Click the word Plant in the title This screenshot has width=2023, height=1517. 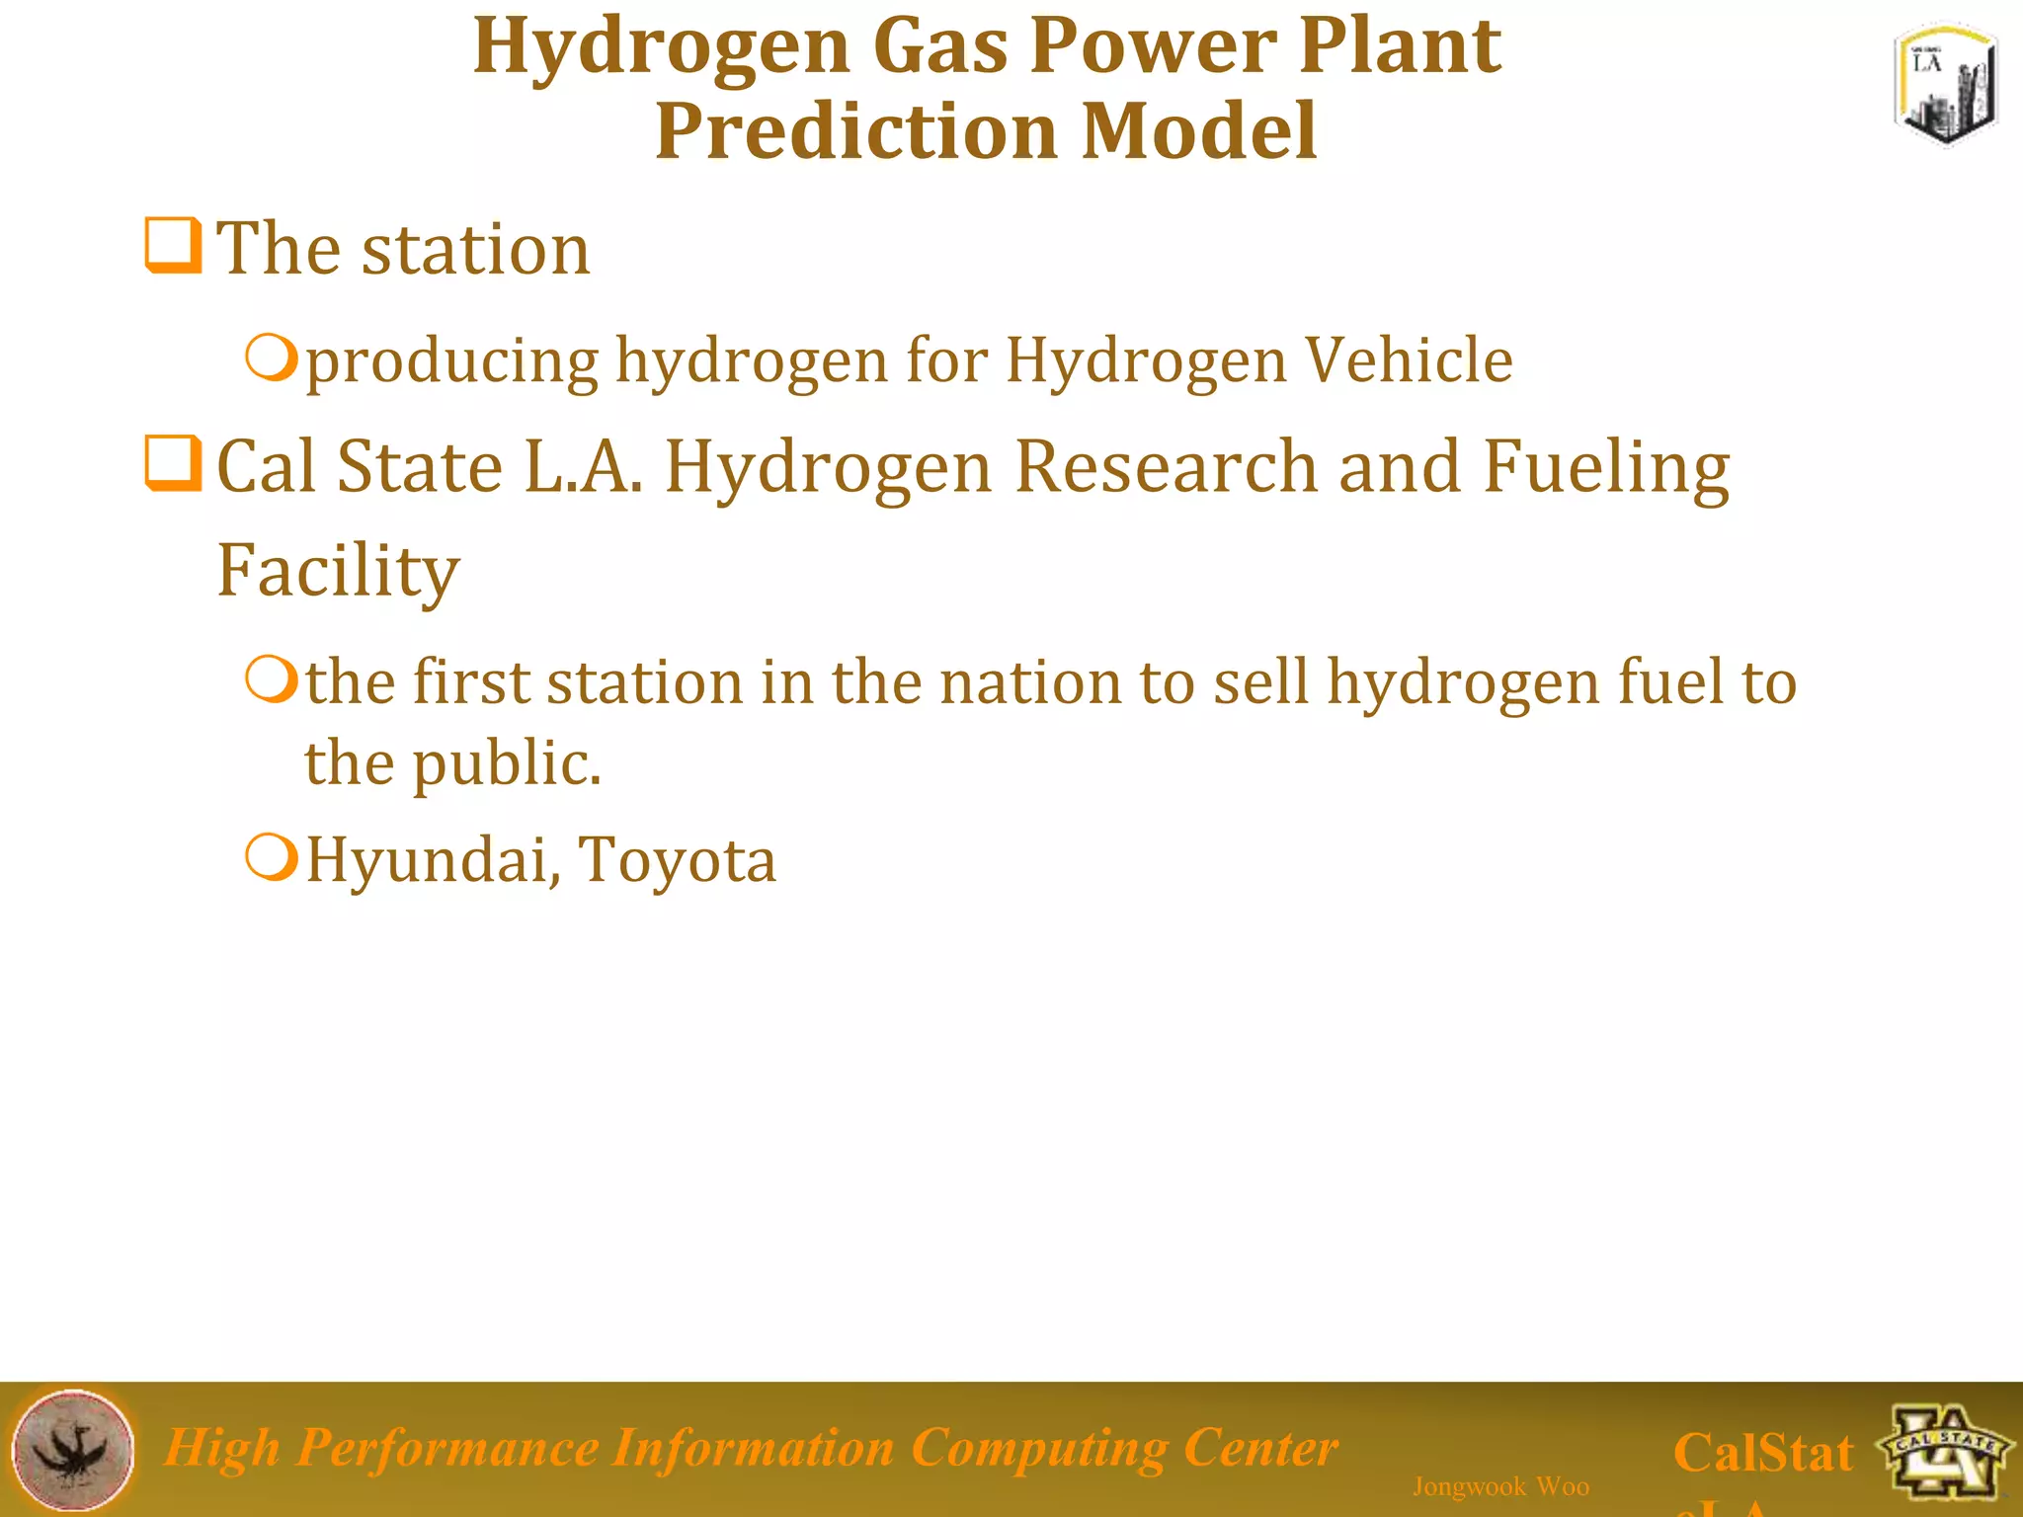click(x=1400, y=46)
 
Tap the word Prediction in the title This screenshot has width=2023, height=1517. click(x=855, y=131)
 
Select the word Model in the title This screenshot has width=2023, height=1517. click(x=1199, y=131)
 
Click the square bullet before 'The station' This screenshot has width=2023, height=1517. click(x=173, y=245)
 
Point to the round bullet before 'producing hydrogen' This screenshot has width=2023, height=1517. click(x=271, y=358)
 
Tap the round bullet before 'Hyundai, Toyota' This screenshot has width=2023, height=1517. click(x=271, y=857)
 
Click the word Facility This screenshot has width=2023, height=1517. click(x=338, y=572)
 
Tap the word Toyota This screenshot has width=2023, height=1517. click(x=677, y=861)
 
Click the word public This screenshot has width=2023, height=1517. click(x=506, y=765)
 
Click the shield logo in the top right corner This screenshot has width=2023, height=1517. click(x=1945, y=87)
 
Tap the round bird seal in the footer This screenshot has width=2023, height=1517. click(x=73, y=1450)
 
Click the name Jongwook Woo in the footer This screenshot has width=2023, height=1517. click(x=1500, y=1486)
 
